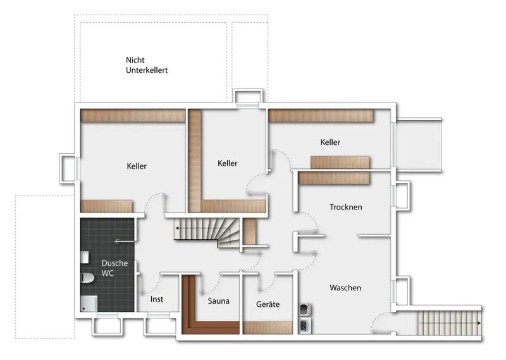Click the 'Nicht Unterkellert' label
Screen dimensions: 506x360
tap(147, 65)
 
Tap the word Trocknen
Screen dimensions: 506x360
tap(345, 207)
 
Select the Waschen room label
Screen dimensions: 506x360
tap(345, 288)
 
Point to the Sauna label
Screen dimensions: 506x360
tap(218, 301)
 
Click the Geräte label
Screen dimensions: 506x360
tap(268, 304)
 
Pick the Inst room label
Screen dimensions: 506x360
tap(157, 299)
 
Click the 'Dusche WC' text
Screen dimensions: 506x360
tap(114, 268)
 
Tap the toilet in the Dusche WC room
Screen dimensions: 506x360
tap(87, 278)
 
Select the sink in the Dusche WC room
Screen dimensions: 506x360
tap(85, 258)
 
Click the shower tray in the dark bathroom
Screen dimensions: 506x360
tap(89, 304)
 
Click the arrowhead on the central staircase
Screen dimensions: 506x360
tap(178, 228)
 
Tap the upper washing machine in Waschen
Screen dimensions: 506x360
tap(305, 310)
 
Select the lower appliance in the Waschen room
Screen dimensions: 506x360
tap(305, 325)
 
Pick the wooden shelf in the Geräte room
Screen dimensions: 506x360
tap(268, 328)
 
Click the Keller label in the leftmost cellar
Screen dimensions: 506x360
tap(137, 166)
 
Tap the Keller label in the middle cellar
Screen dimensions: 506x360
tap(228, 163)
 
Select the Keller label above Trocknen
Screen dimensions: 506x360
tap(330, 142)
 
